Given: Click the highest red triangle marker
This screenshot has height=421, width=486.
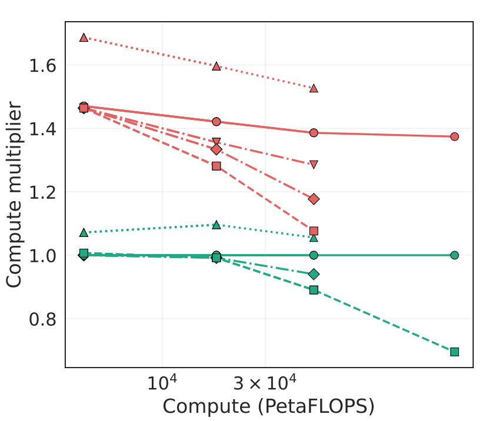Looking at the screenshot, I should click(84, 38).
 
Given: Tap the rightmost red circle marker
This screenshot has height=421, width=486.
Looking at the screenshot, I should click(454, 136).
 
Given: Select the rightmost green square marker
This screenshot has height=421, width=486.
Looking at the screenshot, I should click(454, 352).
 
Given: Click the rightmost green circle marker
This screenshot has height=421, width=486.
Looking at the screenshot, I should click(454, 255).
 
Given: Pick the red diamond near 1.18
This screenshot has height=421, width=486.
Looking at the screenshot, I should click(314, 199).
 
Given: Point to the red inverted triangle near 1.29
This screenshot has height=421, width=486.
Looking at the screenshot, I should click(314, 165).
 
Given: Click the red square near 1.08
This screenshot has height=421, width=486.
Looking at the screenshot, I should click(314, 231).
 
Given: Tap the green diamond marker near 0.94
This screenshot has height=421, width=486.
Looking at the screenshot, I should click(314, 274).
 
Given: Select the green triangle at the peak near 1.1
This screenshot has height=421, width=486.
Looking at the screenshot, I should click(217, 225).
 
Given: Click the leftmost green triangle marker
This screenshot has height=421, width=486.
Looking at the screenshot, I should click(84, 232).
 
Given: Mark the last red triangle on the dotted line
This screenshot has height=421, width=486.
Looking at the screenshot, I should click(314, 88).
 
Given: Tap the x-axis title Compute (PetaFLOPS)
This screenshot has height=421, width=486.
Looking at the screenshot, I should click(268, 406).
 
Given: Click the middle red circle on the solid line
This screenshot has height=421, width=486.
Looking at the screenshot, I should click(217, 122).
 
